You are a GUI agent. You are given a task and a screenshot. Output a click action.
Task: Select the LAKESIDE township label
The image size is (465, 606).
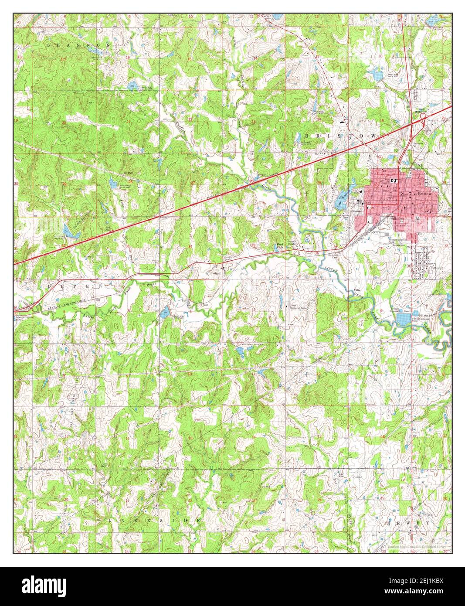(155, 521)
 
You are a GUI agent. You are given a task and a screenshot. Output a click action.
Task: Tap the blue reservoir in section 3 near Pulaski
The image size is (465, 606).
(165, 312)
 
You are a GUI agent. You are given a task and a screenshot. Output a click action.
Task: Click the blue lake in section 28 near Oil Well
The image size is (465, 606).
(113, 184)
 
